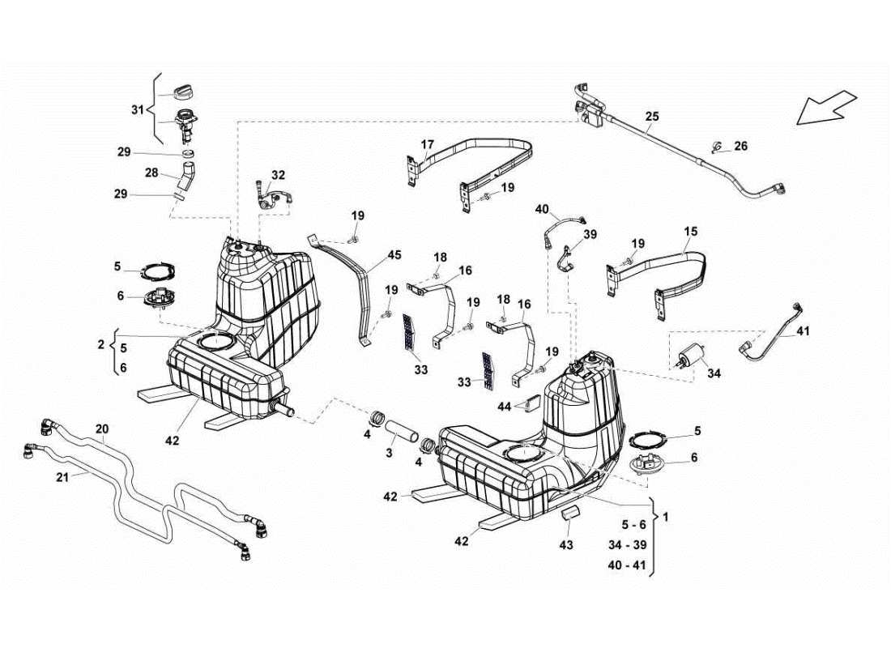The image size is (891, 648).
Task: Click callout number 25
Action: pyautogui.click(x=652, y=117)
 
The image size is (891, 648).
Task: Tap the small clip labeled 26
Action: pyautogui.click(x=716, y=148)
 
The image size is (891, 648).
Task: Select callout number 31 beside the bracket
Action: pyautogui.click(x=137, y=109)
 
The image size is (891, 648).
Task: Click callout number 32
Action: pyautogui.click(x=278, y=175)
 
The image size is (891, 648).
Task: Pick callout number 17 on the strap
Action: pyautogui.click(x=427, y=145)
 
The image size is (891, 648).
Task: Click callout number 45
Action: pyautogui.click(x=394, y=254)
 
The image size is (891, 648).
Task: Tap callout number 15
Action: pyautogui.click(x=690, y=231)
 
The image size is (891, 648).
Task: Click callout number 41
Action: pyautogui.click(x=803, y=330)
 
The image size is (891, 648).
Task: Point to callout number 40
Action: pyautogui.click(x=542, y=208)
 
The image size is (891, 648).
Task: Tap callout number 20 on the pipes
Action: pyautogui.click(x=101, y=428)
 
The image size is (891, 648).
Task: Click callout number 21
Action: pyautogui.click(x=62, y=477)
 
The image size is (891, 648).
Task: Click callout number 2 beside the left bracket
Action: pyautogui.click(x=101, y=344)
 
